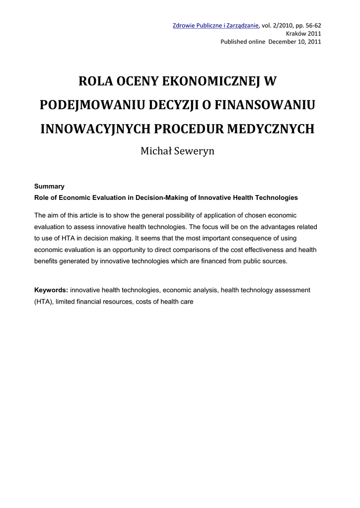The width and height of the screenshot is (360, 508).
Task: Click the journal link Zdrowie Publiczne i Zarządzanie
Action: (x=216, y=26)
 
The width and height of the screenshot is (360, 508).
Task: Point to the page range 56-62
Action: (x=311, y=26)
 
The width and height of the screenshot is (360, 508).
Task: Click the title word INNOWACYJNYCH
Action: (x=94, y=128)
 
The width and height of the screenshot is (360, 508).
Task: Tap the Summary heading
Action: (x=49, y=187)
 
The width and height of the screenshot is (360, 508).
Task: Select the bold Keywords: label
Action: (x=51, y=290)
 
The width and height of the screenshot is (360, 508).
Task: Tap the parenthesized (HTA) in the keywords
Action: (x=43, y=301)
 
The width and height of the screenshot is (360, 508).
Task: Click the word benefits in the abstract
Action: (x=46, y=261)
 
